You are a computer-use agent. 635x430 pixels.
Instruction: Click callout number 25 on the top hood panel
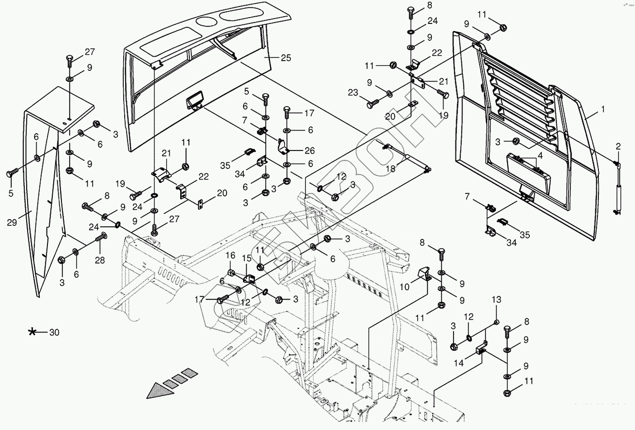[x=285, y=58]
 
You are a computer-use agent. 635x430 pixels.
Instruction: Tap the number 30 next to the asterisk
[x=54, y=332]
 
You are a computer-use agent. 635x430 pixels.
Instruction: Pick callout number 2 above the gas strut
[x=618, y=146]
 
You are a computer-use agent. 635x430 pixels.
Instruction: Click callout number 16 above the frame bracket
[x=230, y=256]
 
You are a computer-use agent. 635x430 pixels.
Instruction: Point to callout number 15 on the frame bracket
[x=246, y=258]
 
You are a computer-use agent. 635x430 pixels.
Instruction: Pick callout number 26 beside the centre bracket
[x=310, y=150]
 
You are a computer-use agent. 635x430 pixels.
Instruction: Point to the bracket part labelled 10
[x=424, y=272]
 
